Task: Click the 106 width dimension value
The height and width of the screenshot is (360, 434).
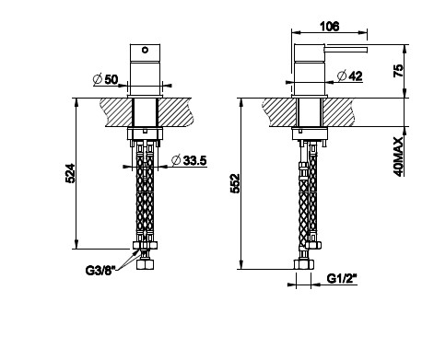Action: pyautogui.click(x=330, y=27)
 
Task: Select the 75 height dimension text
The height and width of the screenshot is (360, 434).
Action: pyautogui.click(x=398, y=71)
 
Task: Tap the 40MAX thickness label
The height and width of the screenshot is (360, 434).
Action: pyautogui.click(x=398, y=157)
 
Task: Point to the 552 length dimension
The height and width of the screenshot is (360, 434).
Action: pyautogui.click(x=235, y=183)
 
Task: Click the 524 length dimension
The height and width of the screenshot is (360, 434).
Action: pyautogui.click(x=70, y=173)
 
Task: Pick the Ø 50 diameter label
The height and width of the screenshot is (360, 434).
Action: pyautogui.click(x=105, y=79)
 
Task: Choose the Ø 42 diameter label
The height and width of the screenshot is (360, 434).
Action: pyautogui.click(x=350, y=76)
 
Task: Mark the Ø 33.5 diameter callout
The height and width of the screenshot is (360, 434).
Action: pyautogui.click(x=189, y=160)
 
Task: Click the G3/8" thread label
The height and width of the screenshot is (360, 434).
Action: pyautogui.click(x=100, y=271)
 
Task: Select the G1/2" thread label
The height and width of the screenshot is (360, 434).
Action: pyautogui.click(x=342, y=279)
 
